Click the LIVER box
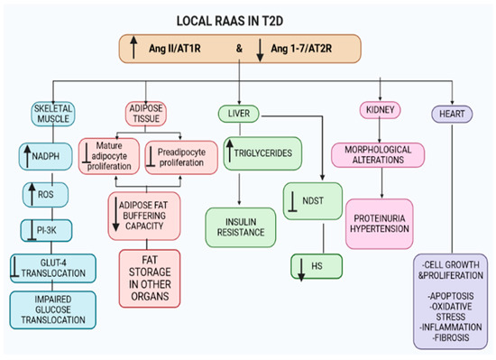pos(239,114)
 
